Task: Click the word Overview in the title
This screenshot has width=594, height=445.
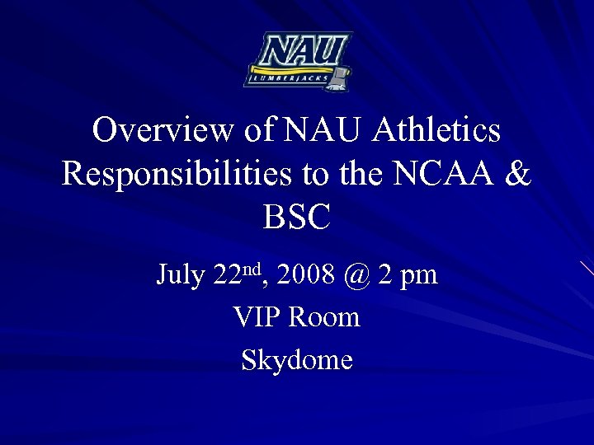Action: click(x=163, y=130)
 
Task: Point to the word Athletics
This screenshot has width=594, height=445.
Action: click(x=436, y=130)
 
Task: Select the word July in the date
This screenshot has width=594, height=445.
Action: click(x=181, y=275)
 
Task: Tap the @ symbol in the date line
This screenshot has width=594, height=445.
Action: click(x=355, y=275)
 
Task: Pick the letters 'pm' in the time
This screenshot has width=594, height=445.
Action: click(x=420, y=277)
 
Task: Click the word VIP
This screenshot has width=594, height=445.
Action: click(x=259, y=317)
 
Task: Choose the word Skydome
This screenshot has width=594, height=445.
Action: click(x=297, y=360)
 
